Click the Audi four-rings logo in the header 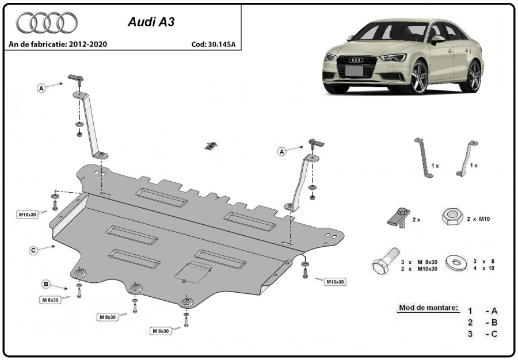pos(47,22)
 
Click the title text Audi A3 pos(151,22)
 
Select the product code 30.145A pos(222,44)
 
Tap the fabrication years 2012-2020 pos(88,44)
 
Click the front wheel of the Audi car pos(419,78)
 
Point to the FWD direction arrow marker pos(211,145)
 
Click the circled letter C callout pos(33,251)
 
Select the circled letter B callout pos(46,284)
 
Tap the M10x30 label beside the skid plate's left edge pos(28,215)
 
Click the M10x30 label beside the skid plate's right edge pos(335,282)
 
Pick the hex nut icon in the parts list pos(452,217)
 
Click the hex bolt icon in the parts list pos(386,261)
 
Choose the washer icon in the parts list pos(456,262)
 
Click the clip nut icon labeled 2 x pos(399,217)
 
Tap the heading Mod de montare pos(428,308)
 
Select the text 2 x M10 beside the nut pos(478,219)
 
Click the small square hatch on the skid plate pos(193,272)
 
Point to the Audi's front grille pos(356,66)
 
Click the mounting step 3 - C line pos(482,334)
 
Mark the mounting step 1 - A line pos(482,311)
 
